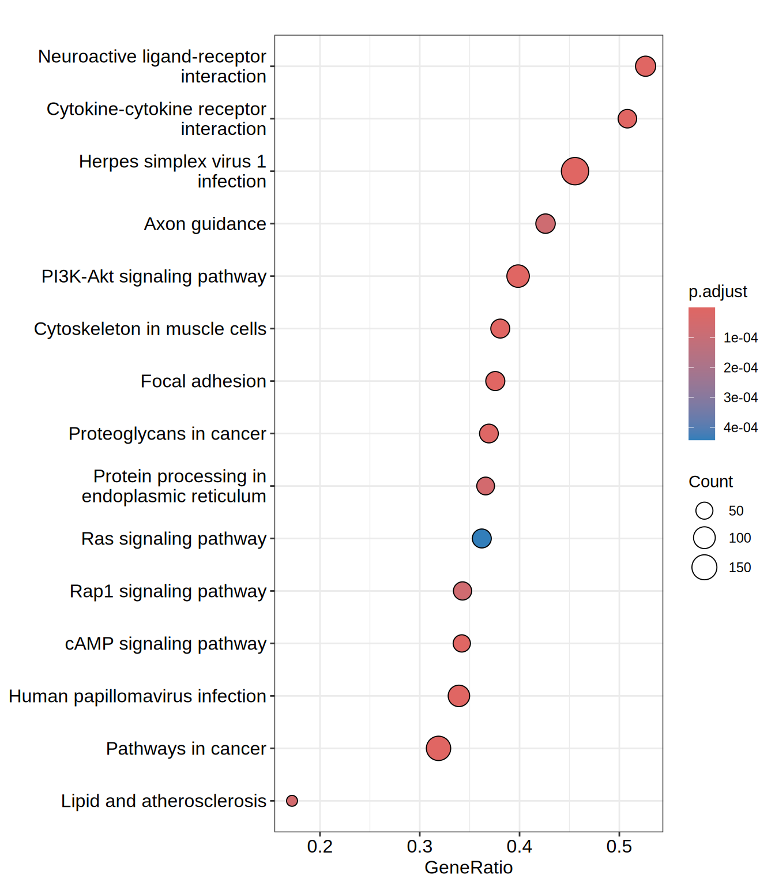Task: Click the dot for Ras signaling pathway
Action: click(481, 538)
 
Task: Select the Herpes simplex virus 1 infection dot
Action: click(575, 171)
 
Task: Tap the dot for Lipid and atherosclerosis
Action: click(292, 801)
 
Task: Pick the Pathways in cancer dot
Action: click(438, 748)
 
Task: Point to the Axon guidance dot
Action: click(545, 223)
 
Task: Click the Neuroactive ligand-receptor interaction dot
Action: click(645, 66)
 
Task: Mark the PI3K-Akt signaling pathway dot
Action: click(518, 276)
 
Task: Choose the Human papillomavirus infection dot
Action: click(458, 696)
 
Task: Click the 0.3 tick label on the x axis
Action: click(420, 847)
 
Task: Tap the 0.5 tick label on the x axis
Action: click(619, 847)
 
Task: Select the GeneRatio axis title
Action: click(468, 868)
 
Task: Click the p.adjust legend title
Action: click(717, 292)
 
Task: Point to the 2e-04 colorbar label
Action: click(740, 367)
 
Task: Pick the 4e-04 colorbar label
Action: click(740, 427)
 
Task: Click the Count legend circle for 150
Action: click(704, 567)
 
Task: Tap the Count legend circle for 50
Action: click(704, 510)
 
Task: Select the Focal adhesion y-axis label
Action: click(204, 381)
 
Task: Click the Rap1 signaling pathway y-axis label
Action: click(168, 591)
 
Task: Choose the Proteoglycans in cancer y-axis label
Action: click(167, 434)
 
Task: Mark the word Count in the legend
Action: click(710, 482)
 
